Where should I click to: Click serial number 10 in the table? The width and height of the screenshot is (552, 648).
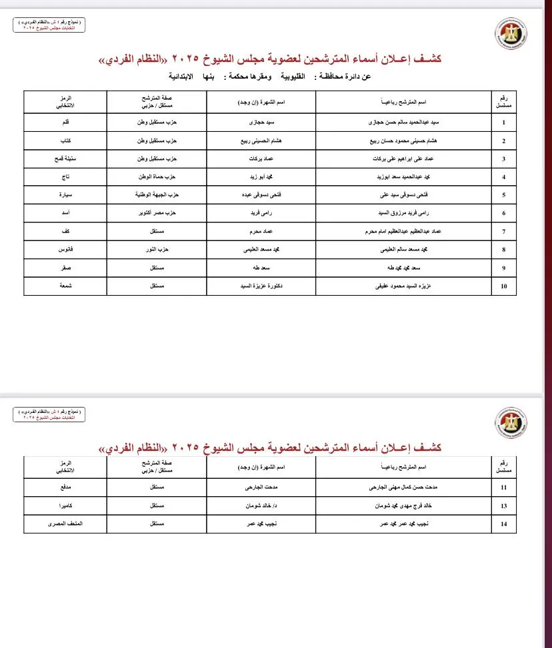pyautogui.click(x=504, y=286)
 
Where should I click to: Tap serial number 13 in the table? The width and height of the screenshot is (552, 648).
pyautogui.click(x=504, y=506)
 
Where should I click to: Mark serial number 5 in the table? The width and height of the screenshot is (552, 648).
pyautogui.click(x=504, y=195)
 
